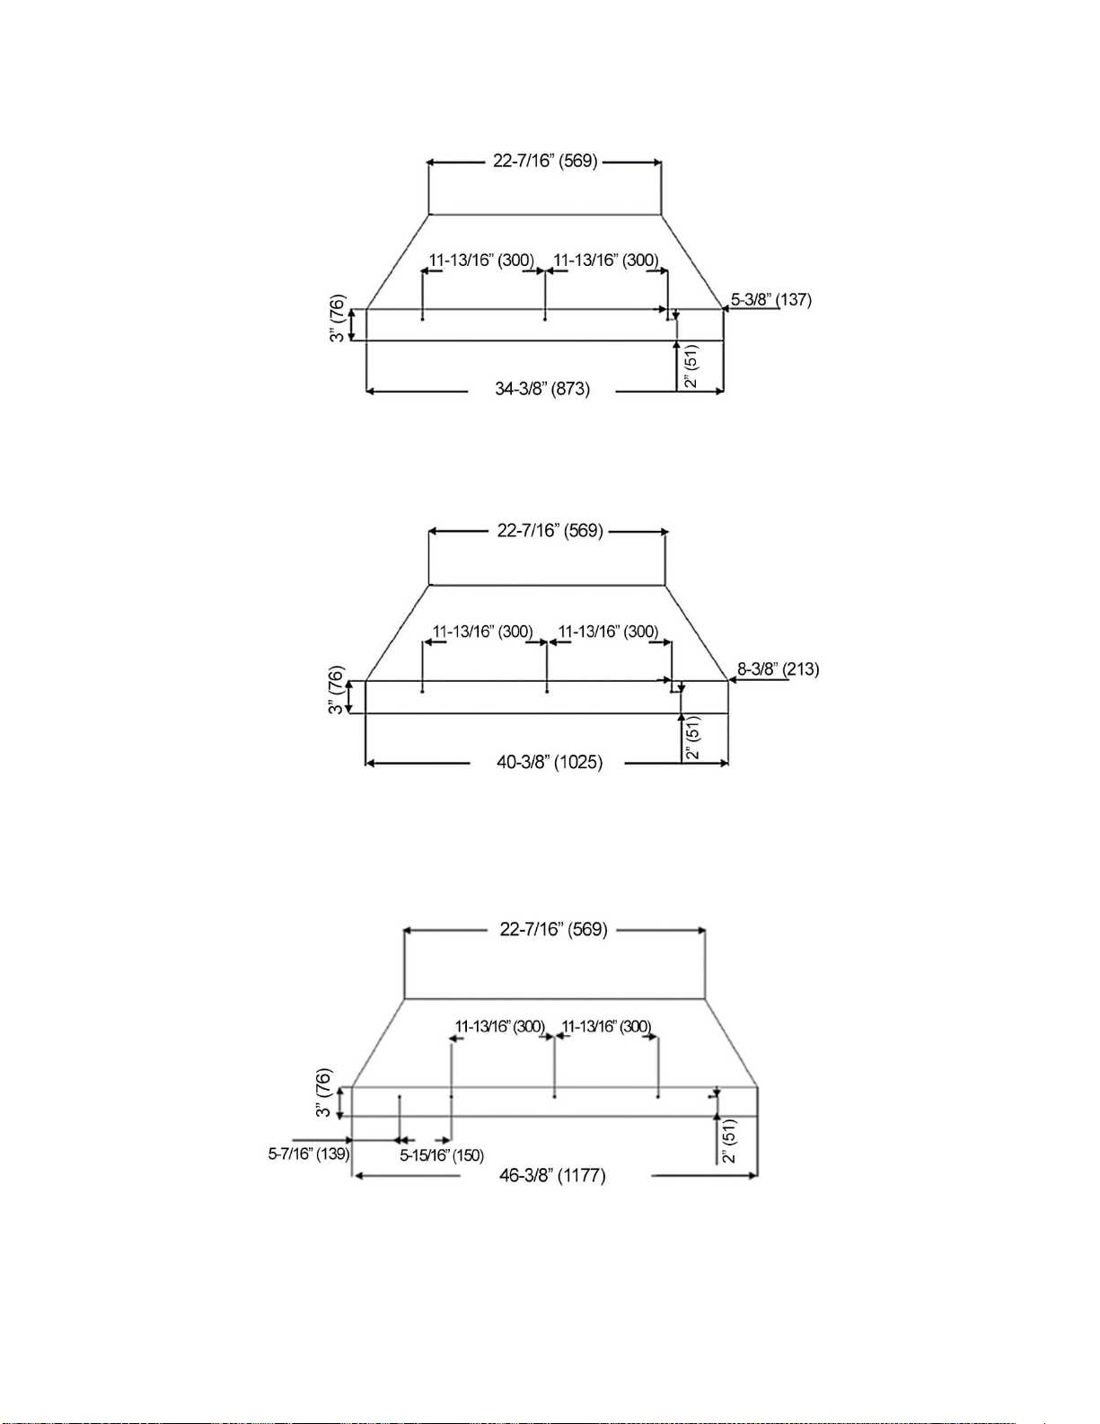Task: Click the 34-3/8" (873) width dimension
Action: click(542, 389)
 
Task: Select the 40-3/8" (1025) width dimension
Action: click(550, 762)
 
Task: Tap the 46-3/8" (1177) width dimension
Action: click(552, 1175)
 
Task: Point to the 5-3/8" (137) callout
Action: click(771, 300)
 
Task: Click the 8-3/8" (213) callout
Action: click(779, 669)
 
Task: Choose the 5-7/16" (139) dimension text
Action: click(309, 1154)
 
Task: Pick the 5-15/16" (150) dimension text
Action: click(442, 1155)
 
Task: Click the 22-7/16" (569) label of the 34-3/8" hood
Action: click(545, 161)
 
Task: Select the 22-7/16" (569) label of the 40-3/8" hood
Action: click(550, 530)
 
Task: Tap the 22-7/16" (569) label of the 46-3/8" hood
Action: click(554, 929)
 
